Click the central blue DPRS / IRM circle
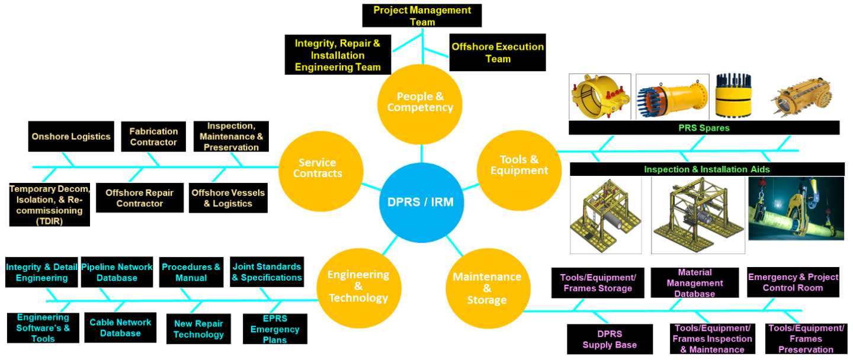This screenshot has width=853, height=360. click(x=421, y=202)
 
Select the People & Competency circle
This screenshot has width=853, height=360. click(x=420, y=102)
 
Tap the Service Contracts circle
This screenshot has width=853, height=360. click(x=318, y=168)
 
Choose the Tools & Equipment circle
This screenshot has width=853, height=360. click(x=519, y=165)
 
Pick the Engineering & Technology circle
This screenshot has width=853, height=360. click(x=358, y=286)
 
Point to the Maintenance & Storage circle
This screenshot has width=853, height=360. click(x=486, y=288)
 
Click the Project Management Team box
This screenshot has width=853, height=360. click(x=422, y=16)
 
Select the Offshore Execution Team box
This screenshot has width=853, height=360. click(x=497, y=53)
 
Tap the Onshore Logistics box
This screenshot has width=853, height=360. click(x=71, y=136)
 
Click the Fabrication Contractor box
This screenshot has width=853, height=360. click(x=153, y=137)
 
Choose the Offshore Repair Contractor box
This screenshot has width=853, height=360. click(x=140, y=198)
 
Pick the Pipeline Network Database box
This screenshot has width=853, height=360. click(x=117, y=272)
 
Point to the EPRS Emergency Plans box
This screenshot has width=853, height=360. click(x=275, y=329)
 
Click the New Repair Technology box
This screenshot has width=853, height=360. click(x=198, y=329)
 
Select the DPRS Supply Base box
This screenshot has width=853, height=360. click(x=610, y=339)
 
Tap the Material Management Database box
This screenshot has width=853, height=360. click(x=695, y=283)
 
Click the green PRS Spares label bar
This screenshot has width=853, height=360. click(x=704, y=128)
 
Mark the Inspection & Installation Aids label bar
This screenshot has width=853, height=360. click(x=707, y=169)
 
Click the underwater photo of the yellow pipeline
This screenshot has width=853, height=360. click(x=796, y=209)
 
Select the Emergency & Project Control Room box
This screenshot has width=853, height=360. click(x=793, y=282)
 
